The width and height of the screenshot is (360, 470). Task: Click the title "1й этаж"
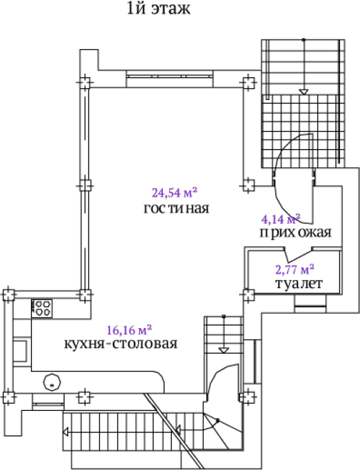click(159, 8)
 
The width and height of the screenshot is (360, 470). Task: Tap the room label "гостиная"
click(176, 208)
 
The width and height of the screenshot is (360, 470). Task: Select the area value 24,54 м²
click(175, 193)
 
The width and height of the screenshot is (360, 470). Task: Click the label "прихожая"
click(296, 232)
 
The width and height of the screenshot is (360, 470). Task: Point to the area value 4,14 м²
click(281, 219)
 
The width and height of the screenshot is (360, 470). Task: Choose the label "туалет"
click(299, 283)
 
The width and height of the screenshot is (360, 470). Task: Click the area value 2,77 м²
click(295, 269)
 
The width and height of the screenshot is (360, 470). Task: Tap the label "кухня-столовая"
click(121, 344)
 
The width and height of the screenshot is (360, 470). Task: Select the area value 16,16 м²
click(129, 330)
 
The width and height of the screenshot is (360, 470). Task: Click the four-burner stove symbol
click(42, 308)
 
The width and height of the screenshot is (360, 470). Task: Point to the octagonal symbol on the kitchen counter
click(52, 383)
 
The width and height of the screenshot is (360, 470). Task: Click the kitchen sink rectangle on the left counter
click(20, 351)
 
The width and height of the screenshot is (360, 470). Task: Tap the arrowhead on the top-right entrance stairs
click(304, 92)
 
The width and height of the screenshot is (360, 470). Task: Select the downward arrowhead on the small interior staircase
click(224, 350)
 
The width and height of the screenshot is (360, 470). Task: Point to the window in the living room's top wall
click(170, 77)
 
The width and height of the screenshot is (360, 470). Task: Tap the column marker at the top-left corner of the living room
click(85, 82)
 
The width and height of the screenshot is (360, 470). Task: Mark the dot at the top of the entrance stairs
click(304, 40)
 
